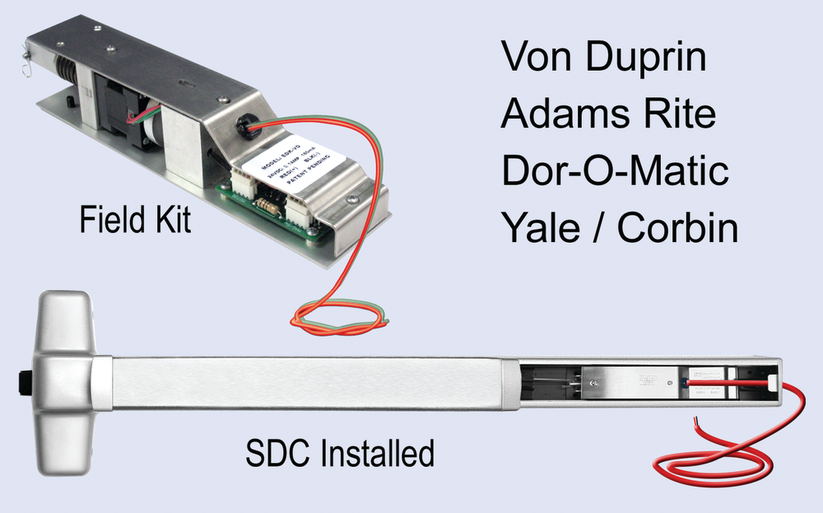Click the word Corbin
coord(677,228)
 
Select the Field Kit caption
coord(135,220)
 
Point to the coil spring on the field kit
coord(65,66)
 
